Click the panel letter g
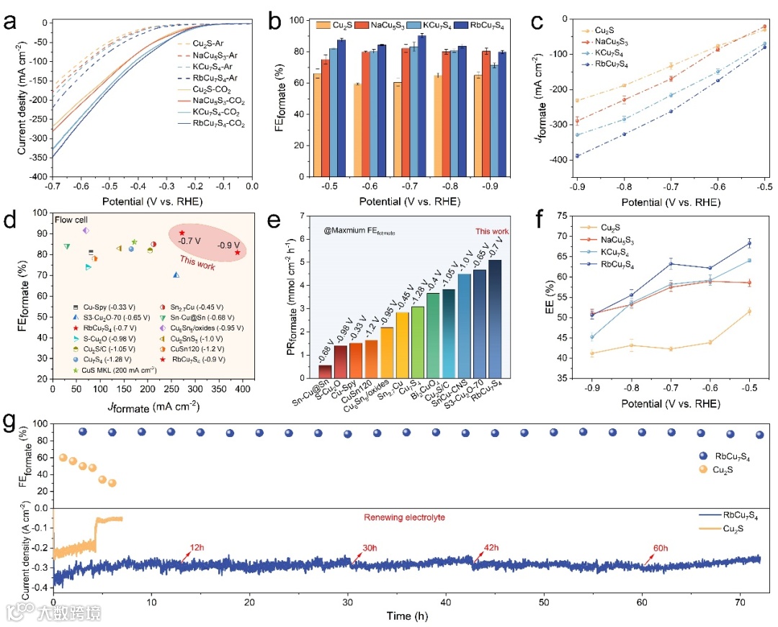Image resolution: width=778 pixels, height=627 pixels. (x=12, y=420)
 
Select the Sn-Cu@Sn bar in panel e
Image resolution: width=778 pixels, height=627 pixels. (x=325, y=371)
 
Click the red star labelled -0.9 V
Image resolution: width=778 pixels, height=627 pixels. (x=238, y=252)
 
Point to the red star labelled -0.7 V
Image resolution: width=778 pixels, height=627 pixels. (x=182, y=233)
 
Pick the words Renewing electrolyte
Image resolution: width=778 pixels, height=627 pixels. (x=404, y=517)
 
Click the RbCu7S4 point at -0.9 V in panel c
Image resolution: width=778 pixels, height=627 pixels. (x=577, y=155)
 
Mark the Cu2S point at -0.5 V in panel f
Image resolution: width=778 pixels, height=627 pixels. (x=749, y=311)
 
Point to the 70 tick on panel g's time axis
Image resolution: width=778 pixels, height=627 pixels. (x=741, y=601)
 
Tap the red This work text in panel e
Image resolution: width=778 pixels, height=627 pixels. (x=493, y=231)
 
